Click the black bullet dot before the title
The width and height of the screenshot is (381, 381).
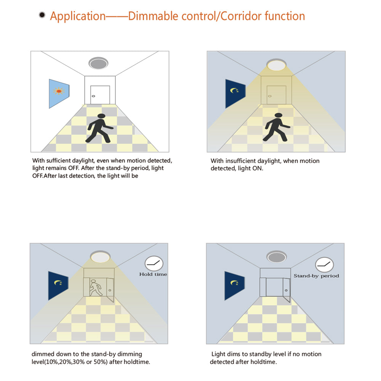pyautogui.click(x=42, y=15)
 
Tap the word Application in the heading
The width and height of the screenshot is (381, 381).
pyautogui.click(x=78, y=16)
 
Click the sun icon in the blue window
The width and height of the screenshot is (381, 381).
pyautogui.click(x=59, y=91)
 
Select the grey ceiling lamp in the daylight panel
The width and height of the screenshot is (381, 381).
pyautogui.click(x=98, y=63)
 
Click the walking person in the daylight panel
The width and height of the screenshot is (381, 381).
pyautogui.click(x=99, y=128)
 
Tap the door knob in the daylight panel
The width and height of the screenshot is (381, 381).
pyautogui.click(x=93, y=96)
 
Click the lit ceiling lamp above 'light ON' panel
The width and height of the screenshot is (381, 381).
pyautogui.click(x=276, y=65)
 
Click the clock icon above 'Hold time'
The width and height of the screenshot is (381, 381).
pyautogui.click(x=154, y=263)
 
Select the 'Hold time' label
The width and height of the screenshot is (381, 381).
pyautogui.click(x=153, y=274)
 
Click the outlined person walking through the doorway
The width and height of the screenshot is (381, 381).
pyautogui.click(x=95, y=288)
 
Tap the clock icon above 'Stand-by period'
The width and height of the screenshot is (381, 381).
pyautogui.click(x=324, y=265)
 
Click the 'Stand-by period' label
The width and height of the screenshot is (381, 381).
pyautogui.click(x=316, y=276)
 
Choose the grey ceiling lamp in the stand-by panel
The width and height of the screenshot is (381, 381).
pyautogui.click(x=277, y=256)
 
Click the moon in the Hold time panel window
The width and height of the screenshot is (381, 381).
pyautogui.click(x=58, y=283)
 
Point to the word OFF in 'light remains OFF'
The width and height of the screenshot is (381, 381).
pyautogui.click(x=74, y=168)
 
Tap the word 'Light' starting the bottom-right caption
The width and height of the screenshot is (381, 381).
pyautogui.click(x=218, y=354)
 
